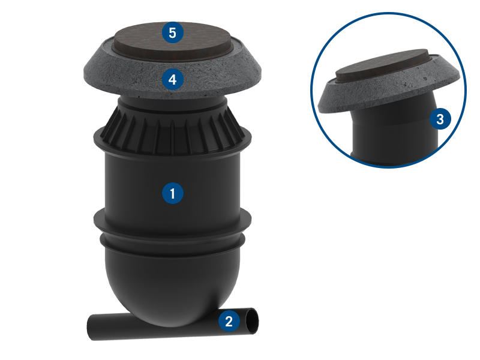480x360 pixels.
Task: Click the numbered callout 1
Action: pyautogui.click(x=173, y=193)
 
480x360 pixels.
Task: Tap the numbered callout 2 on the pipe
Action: pyautogui.click(x=229, y=321)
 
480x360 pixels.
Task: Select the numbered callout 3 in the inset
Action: pyautogui.click(x=440, y=119)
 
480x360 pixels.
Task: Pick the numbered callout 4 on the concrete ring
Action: pyautogui.click(x=173, y=79)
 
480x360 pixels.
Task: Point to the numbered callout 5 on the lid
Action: pyautogui.click(x=173, y=32)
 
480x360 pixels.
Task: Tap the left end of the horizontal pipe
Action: pyautogui.click(x=89, y=327)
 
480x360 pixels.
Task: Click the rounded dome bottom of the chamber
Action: pyautogui.click(x=172, y=291)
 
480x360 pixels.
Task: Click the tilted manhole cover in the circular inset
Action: pyautogui.click(x=383, y=67)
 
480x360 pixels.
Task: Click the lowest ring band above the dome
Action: pyautogui.click(x=172, y=244)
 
